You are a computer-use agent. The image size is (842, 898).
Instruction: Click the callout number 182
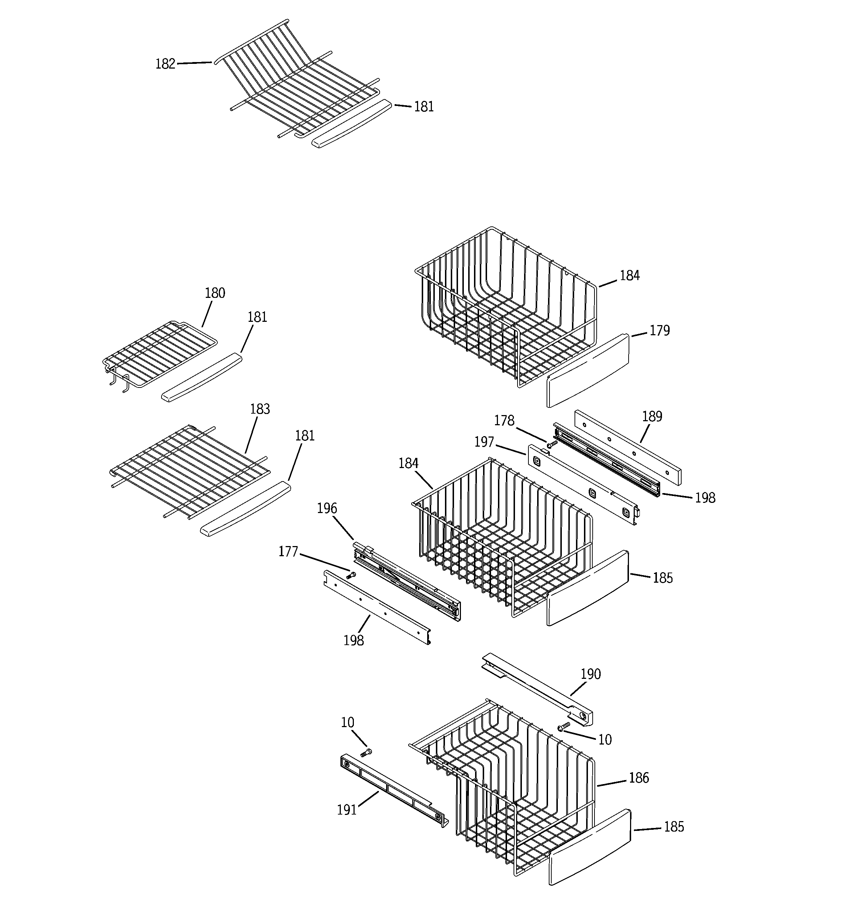pos(165,64)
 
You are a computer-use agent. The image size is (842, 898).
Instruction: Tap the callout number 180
pos(215,293)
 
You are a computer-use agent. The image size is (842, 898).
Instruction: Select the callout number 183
pos(260,409)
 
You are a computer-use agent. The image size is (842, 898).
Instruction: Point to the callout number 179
pos(659,331)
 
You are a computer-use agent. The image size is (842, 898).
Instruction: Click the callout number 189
pos(652,417)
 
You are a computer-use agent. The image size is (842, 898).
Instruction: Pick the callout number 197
pos(484,442)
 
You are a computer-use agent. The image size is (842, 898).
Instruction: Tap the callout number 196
pos(327,509)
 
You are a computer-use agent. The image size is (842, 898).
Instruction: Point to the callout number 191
pos(347,810)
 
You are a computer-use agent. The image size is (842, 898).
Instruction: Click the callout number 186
pos(639,778)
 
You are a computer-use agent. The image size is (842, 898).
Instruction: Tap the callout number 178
pos(504,421)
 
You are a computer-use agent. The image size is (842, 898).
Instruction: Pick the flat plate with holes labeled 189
pos(628,447)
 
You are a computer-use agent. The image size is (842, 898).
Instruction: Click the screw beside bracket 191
pos(366,753)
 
